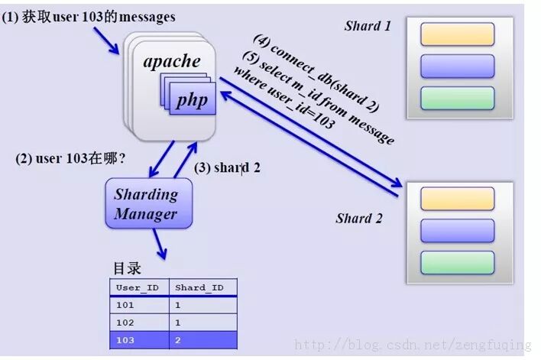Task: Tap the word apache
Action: pos(172,62)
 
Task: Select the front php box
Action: pos(192,101)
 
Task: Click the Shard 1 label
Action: pos(368,26)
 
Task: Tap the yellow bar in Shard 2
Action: pos(457,199)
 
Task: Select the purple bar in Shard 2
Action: pos(457,230)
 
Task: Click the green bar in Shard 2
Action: pos(457,262)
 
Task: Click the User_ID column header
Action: pos(138,287)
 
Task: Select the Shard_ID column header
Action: pos(200,287)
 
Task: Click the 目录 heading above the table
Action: pos(127,269)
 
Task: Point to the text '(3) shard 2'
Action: pos(227,167)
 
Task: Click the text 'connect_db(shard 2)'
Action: pos(326,76)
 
